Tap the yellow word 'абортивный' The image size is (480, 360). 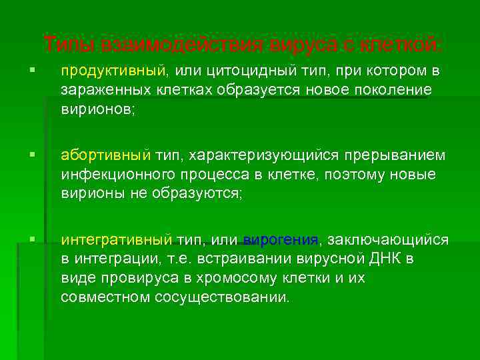pos(104,156)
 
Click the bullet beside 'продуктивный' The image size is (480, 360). pos(41,70)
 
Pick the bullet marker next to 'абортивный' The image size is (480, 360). pos(41,155)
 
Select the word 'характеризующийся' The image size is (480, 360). pos(265,156)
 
